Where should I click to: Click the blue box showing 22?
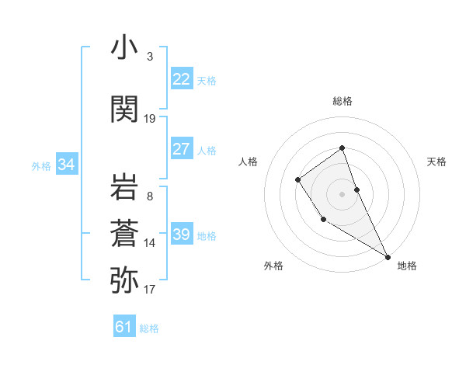click(182, 79)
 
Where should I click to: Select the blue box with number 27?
click(182, 149)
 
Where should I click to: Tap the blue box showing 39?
click(182, 235)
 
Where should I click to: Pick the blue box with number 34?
click(67, 165)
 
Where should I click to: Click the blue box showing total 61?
click(124, 327)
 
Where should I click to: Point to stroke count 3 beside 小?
click(149, 57)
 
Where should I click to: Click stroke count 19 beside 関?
click(150, 119)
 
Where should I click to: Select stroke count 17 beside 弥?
click(150, 290)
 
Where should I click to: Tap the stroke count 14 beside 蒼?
click(150, 243)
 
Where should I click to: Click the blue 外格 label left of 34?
click(41, 165)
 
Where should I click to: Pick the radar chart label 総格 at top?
click(343, 101)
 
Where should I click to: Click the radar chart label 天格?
click(436, 162)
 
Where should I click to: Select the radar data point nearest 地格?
click(388, 256)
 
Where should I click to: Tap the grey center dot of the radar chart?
click(342, 193)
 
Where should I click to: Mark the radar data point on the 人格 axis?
click(298, 180)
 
